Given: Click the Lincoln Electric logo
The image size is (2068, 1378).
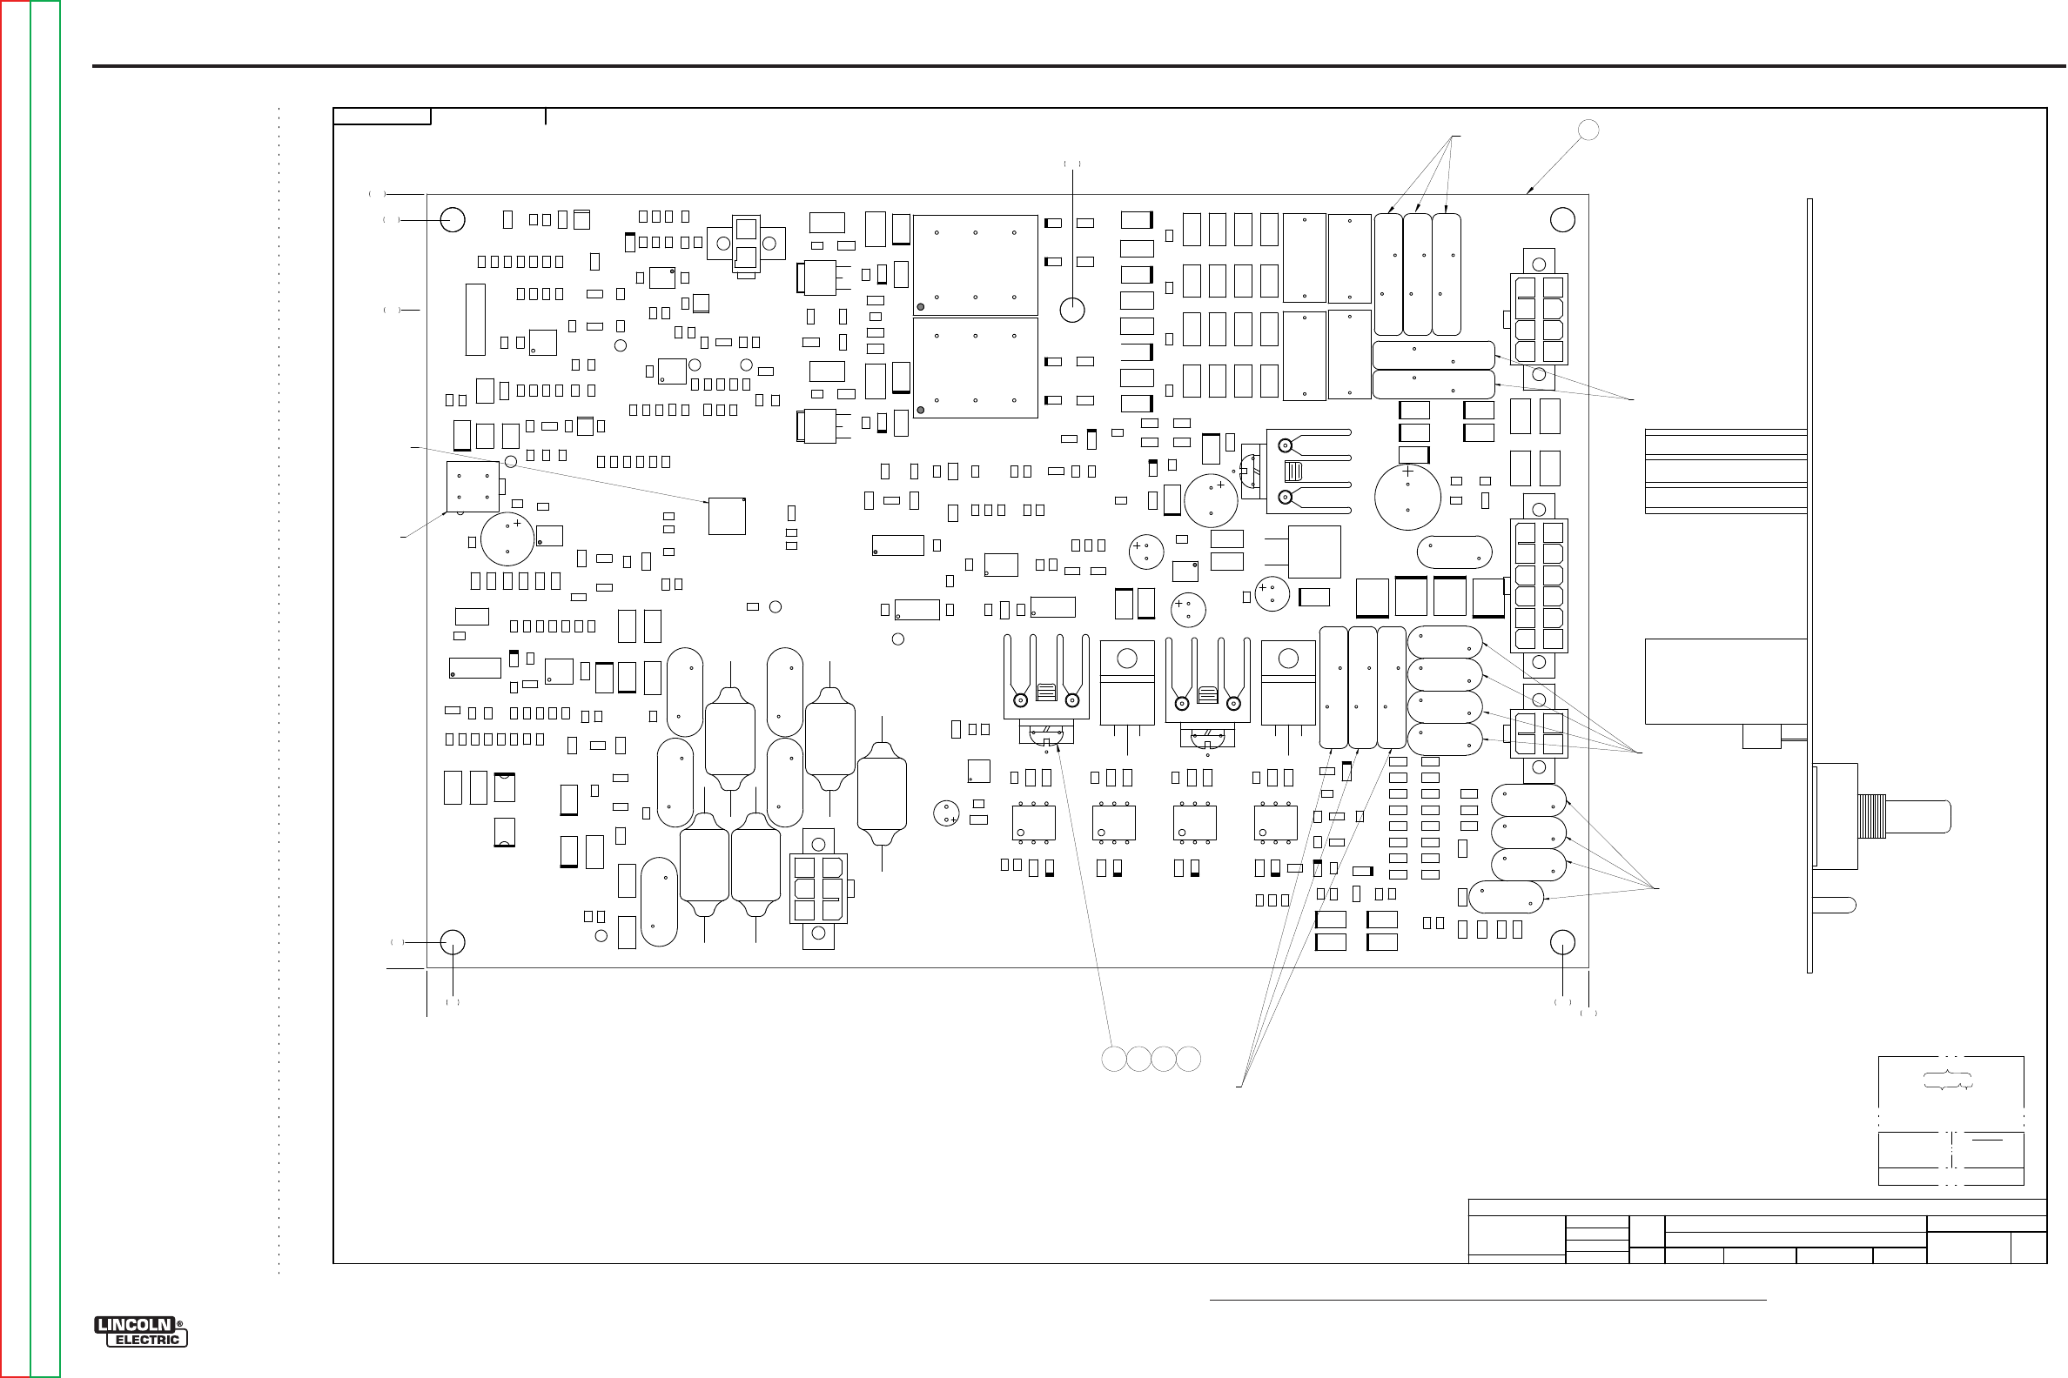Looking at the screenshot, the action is [x=141, y=1331].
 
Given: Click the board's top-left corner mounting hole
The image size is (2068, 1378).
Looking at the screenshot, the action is [x=453, y=219].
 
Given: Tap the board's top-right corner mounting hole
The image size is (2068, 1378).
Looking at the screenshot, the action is [x=1562, y=219].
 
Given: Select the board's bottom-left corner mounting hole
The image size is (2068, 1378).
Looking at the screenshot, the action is [x=453, y=942].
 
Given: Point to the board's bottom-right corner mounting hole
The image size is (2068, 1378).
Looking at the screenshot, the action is [x=1562, y=942].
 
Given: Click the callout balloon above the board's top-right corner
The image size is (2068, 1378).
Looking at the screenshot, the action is [x=1588, y=130].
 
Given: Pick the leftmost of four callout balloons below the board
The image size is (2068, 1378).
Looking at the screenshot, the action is [x=1114, y=1059].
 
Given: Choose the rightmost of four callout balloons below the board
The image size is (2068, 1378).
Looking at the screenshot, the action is [x=1189, y=1059].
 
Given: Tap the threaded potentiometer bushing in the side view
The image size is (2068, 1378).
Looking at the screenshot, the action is [x=1871, y=816].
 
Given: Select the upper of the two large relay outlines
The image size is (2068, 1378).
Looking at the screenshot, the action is [x=975, y=264].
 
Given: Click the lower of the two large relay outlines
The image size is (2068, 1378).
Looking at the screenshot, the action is [x=975, y=367].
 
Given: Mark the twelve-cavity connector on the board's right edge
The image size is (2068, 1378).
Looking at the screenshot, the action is [x=1539, y=585].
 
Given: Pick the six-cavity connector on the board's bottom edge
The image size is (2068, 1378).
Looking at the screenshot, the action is [x=818, y=888].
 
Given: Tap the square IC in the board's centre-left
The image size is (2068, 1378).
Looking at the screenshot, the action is [x=727, y=516].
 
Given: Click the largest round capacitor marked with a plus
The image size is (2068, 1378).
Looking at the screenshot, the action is [x=1407, y=497].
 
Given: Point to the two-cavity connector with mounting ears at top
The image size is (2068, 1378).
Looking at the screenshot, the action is [x=746, y=244].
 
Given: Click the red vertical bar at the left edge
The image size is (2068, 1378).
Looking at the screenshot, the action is [x=15, y=689].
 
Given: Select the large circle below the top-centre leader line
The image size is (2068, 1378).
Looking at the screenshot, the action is [x=1071, y=310].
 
